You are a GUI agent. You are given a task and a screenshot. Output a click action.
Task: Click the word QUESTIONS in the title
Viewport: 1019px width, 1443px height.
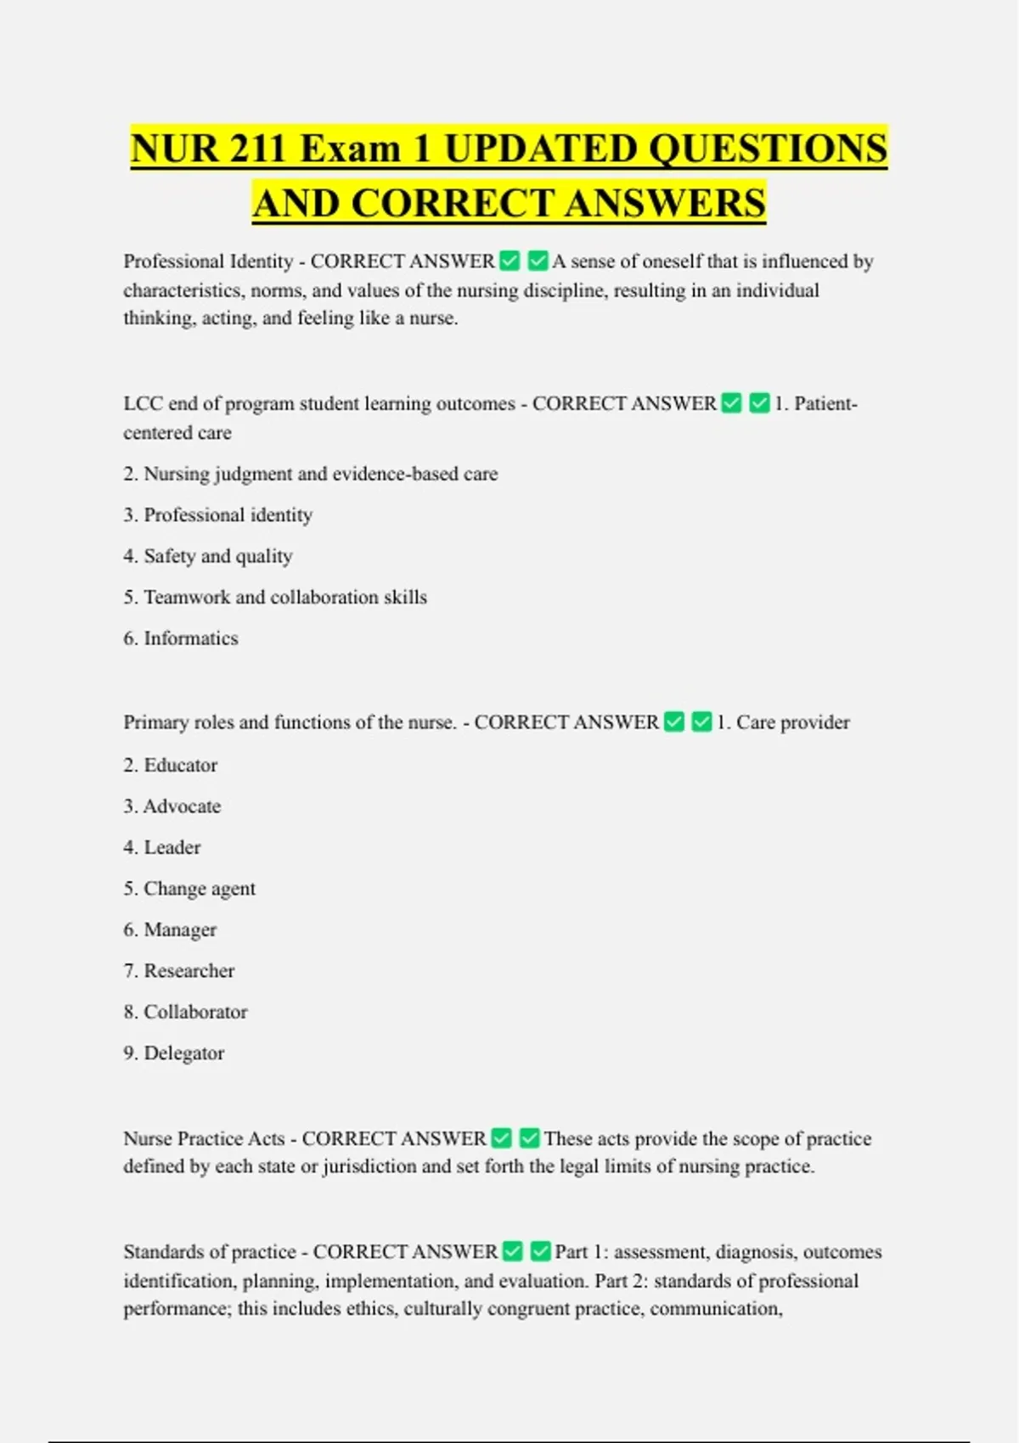[768, 149]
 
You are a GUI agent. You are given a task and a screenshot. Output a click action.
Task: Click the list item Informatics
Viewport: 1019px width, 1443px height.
[190, 638]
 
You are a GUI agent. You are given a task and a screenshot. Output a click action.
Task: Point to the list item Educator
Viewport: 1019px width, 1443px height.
[180, 765]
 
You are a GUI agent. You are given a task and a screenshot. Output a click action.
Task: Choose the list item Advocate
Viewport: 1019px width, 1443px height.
[182, 806]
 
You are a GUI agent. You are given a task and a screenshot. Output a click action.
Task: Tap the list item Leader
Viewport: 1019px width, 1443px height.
[172, 847]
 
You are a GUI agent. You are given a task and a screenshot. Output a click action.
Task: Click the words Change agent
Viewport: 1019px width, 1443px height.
[200, 889]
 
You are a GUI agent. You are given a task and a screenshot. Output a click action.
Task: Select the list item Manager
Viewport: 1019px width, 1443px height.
[180, 929]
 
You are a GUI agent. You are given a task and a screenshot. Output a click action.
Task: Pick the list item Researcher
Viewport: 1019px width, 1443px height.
[189, 971]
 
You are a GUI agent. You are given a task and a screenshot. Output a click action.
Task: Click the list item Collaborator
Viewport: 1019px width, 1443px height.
[195, 1012]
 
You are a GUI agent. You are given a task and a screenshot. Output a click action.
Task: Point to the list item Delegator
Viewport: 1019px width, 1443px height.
[184, 1053]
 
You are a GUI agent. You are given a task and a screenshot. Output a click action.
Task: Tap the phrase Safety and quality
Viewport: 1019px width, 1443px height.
[218, 556]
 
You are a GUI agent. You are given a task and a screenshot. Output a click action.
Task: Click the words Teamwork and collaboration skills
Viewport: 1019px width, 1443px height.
[285, 598]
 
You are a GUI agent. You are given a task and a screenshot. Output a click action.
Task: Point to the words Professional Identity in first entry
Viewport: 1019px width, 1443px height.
[208, 261]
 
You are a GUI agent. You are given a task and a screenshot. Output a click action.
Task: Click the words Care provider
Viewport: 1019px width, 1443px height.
[792, 722]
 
